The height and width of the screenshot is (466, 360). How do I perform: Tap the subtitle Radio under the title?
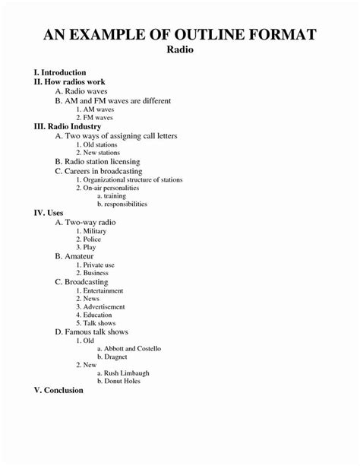(179, 50)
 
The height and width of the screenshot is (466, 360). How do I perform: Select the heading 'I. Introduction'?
(61, 72)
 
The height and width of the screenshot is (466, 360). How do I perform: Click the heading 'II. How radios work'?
(71, 81)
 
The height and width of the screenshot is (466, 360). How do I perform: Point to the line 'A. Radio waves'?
(81, 91)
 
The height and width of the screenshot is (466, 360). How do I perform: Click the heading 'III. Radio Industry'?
(69, 126)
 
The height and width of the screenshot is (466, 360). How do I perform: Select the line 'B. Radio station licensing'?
(98, 161)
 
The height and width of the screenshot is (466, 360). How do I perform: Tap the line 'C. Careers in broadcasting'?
(99, 171)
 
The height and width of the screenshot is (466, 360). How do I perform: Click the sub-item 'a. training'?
(112, 196)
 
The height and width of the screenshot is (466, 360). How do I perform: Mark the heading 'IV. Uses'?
(49, 213)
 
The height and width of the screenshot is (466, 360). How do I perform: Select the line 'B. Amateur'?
(74, 257)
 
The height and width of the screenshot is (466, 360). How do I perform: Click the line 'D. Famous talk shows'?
(92, 332)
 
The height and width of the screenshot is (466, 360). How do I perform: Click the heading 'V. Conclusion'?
(58, 390)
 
